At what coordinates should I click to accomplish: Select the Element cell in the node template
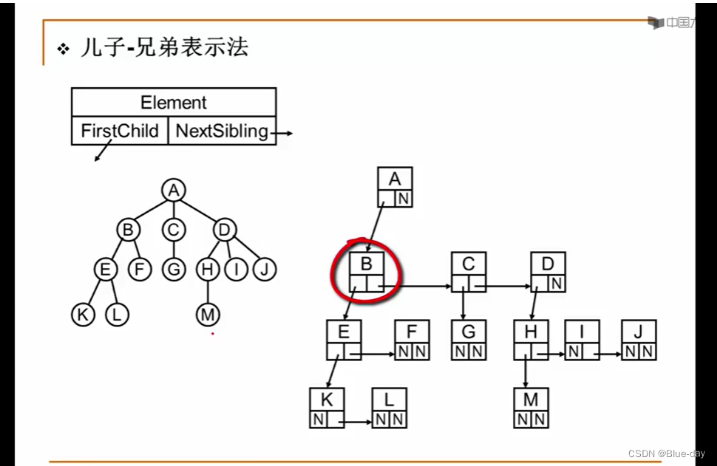174,103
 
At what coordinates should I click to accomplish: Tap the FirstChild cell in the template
120,131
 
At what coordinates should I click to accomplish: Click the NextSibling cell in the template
222,131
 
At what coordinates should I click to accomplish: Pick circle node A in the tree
173,191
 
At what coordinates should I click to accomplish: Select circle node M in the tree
208,315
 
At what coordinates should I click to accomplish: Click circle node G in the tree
173,270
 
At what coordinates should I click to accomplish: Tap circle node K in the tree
84,315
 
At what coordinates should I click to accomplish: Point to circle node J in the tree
264,270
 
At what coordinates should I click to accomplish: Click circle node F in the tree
139,270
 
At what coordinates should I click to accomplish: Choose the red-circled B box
367,272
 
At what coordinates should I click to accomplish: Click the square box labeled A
395,187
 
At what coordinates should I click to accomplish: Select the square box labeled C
469,272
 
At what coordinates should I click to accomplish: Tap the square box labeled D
548,272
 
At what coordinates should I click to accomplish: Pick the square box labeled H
531,340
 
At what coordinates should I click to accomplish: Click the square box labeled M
531,408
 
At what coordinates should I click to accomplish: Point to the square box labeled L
389,408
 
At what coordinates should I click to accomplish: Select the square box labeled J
639,340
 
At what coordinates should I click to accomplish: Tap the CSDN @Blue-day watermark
666,453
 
